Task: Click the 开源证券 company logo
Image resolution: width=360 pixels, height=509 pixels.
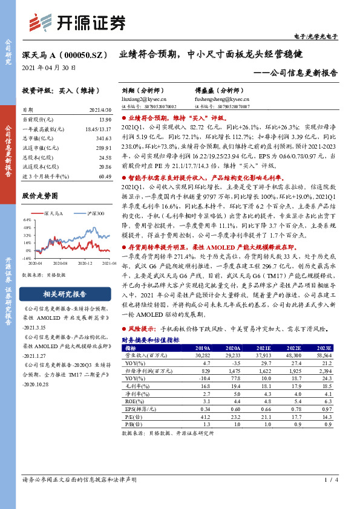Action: pyautogui.click(x=79, y=24)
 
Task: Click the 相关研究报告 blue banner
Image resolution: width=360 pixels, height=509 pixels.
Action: pyautogui.click(x=65, y=294)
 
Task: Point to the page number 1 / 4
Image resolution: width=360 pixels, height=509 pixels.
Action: pyautogui.click(x=329, y=497)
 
